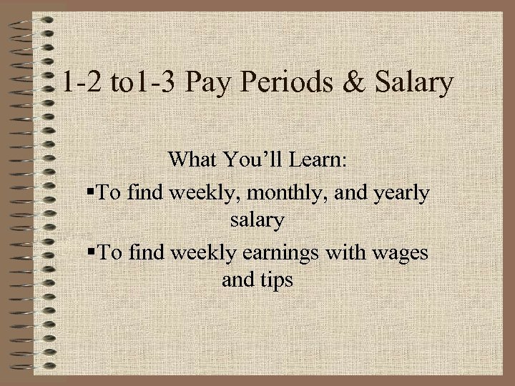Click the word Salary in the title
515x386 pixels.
(x=414, y=83)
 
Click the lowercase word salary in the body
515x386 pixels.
(x=257, y=221)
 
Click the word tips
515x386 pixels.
(x=278, y=280)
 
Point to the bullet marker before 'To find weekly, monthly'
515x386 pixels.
(x=91, y=192)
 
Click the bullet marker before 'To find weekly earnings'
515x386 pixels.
(x=91, y=251)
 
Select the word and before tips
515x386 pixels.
(x=237, y=280)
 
